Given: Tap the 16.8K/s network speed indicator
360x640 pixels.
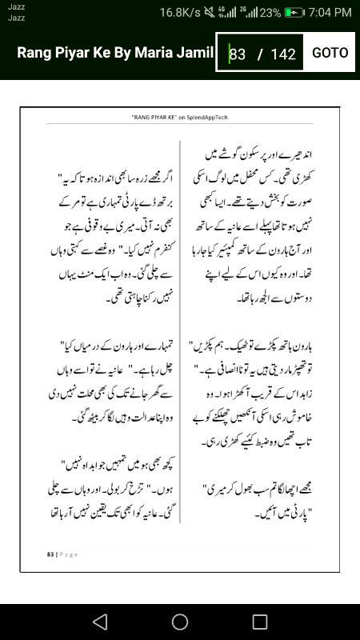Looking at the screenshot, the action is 181,13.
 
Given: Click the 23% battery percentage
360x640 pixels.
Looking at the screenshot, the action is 270,13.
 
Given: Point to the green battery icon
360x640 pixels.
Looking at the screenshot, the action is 295,13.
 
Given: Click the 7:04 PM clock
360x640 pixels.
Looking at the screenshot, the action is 330,13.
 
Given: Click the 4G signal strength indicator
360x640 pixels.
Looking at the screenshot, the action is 231,13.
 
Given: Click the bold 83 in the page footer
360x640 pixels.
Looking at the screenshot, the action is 50,554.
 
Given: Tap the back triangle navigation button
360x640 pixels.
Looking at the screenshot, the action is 99,622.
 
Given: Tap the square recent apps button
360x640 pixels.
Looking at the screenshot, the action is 260,622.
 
